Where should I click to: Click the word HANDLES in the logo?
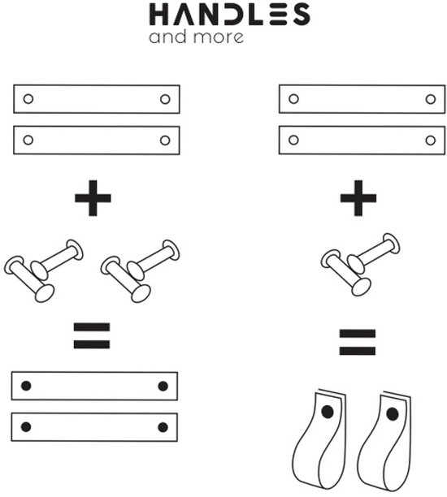point(230,15)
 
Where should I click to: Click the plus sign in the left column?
point(93,198)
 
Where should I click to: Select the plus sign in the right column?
point(358,198)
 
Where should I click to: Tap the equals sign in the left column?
point(92,335)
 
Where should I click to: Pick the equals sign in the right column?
point(358,342)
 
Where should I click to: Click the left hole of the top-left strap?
point(28,99)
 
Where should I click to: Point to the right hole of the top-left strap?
point(165,99)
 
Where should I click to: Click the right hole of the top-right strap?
point(431,99)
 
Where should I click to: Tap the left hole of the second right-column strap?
point(293,140)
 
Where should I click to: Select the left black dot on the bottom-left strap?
point(26,427)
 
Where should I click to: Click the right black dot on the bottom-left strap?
point(163,427)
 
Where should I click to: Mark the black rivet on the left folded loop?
point(328,412)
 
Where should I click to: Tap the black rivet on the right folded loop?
point(393,414)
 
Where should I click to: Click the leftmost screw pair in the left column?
point(44,270)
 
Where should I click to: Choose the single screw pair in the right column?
point(360,265)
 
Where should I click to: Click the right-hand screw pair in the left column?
point(141,271)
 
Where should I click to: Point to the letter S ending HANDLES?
point(302,15)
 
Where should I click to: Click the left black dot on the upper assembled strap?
point(26,386)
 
